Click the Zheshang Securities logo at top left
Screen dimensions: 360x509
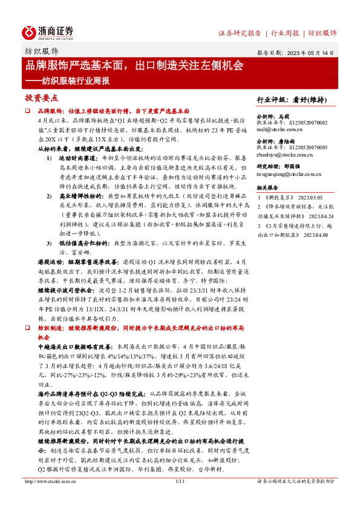click(x=48, y=32)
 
